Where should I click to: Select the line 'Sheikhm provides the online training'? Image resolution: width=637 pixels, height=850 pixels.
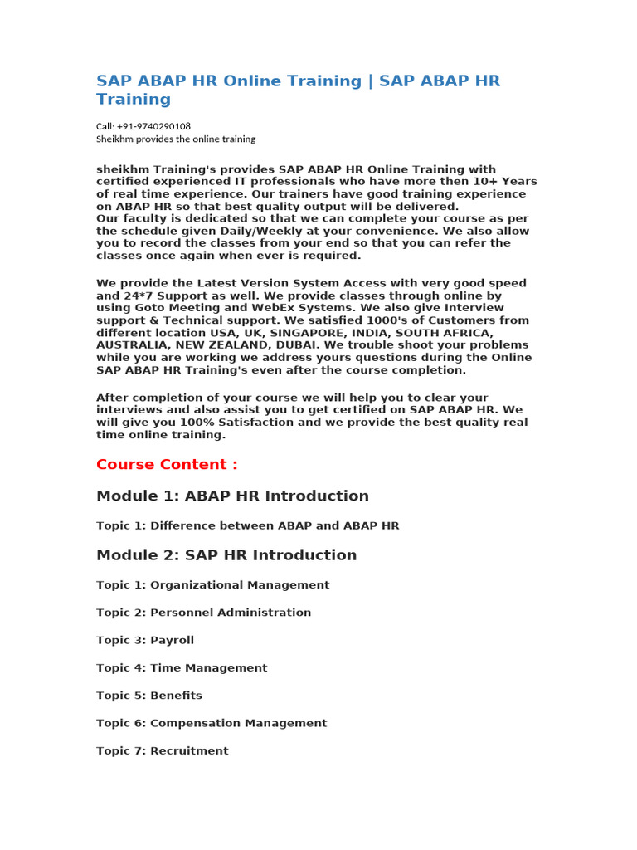(176, 139)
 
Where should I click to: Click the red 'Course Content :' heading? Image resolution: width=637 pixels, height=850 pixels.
(167, 464)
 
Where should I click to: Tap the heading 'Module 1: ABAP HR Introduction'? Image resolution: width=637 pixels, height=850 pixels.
(232, 496)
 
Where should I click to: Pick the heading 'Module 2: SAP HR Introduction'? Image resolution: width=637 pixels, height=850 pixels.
(226, 554)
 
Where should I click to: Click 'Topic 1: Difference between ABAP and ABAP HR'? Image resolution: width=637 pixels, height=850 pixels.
(247, 525)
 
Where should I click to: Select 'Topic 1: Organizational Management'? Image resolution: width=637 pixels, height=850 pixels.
(212, 584)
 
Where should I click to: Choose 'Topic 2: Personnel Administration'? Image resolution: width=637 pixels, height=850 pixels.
(203, 613)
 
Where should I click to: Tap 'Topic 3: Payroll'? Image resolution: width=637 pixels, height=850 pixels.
(145, 640)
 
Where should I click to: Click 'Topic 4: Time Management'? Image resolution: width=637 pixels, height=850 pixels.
(182, 667)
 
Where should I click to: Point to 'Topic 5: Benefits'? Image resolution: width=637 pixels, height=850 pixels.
(149, 696)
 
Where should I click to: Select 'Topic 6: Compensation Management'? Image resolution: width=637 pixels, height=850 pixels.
(212, 723)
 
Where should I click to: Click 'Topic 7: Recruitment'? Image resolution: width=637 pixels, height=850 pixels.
(162, 750)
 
